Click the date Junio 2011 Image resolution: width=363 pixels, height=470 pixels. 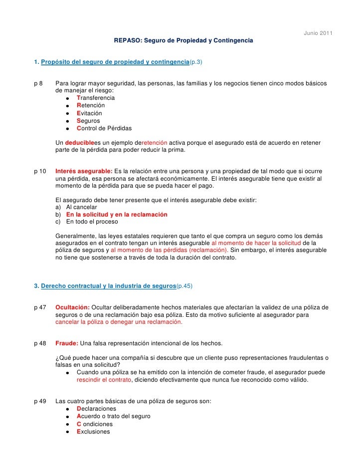tap(318, 33)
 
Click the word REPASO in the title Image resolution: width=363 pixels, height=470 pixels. tap(127, 39)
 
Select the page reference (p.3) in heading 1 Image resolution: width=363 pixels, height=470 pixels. tap(195, 62)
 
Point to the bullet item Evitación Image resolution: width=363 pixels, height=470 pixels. tap(89, 113)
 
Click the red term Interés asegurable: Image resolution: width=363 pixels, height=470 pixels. tap(84, 171)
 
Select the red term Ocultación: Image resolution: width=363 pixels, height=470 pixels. tap(72, 307)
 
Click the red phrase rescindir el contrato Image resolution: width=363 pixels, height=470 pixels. tap(104, 379)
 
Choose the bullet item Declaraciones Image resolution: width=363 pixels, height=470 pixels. tap(96, 409)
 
